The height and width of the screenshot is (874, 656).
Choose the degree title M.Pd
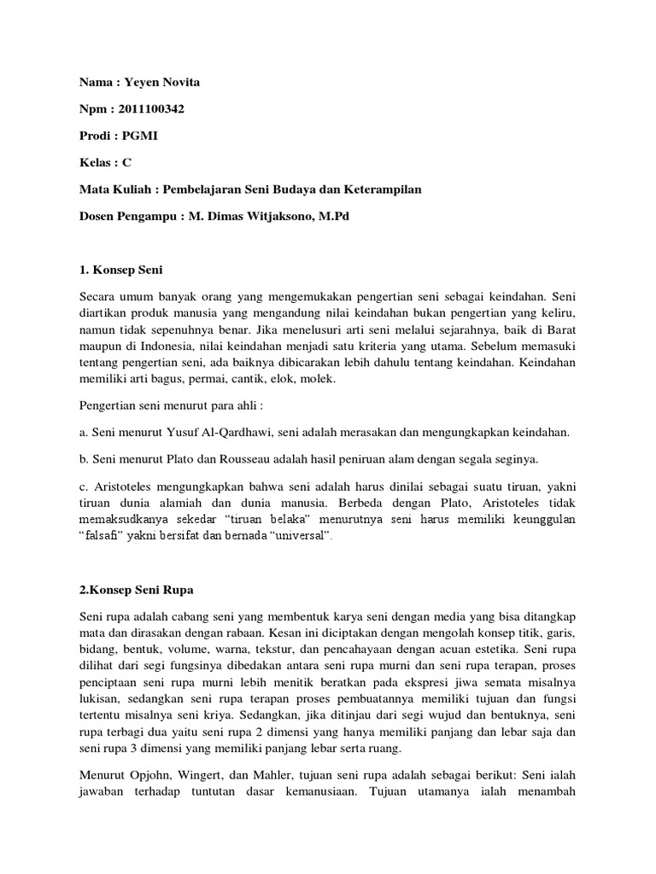pos(333,216)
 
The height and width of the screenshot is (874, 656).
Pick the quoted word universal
pos(299,534)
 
